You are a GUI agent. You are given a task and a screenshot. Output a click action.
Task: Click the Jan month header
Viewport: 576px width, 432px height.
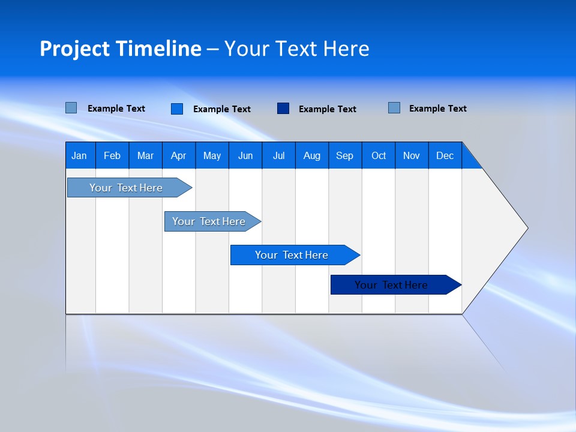coord(79,155)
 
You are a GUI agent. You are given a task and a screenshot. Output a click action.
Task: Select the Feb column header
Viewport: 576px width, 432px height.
coord(112,155)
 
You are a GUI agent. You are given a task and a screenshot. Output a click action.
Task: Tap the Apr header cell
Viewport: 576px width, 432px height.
coord(178,155)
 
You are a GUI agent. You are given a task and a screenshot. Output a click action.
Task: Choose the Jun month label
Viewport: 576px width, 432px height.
coord(245,155)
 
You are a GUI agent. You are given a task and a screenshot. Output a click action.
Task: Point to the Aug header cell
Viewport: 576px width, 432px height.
coord(311,155)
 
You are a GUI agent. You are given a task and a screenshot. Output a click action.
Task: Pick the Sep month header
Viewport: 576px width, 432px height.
coord(344,155)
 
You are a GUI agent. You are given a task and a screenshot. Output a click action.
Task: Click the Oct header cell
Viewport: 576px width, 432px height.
coord(379,155)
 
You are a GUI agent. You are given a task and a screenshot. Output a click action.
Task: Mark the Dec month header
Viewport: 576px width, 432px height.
coord(445,155)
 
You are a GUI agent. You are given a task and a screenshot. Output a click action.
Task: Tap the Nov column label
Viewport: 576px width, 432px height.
coord(412,155)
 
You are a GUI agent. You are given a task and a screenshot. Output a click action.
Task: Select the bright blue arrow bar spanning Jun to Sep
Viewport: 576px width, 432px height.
coord(292,255)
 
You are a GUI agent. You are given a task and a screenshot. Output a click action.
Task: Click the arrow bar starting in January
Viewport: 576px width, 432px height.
coord(126,188)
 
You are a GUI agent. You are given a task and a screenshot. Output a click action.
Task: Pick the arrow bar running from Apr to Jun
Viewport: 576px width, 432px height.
coord(209,221)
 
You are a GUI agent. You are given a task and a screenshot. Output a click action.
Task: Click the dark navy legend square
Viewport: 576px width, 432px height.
coord(283,109)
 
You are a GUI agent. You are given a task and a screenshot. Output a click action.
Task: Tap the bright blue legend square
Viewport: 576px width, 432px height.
coord(177,109)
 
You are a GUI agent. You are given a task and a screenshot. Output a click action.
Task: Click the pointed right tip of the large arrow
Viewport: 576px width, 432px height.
coord(526,228)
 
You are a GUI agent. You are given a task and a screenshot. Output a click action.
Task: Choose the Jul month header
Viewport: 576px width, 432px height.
coord(278,155)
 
